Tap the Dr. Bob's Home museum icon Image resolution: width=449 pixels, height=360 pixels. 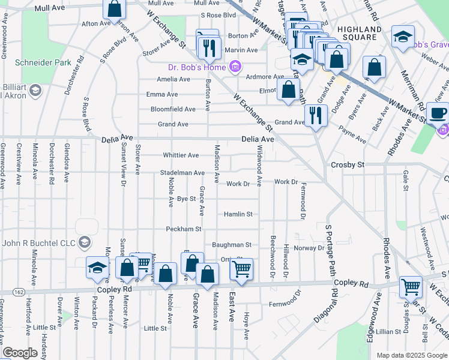point(235,67)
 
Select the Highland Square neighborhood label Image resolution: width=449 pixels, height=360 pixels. point(360,34)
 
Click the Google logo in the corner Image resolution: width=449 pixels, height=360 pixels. point(20,353)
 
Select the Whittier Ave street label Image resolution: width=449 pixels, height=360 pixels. point(181,155)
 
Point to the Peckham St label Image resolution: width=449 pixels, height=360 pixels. point(183,229)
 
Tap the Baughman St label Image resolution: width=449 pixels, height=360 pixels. point(231,245)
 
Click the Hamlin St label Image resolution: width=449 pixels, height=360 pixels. point(238,214)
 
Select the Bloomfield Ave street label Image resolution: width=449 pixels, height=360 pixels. point(173,109)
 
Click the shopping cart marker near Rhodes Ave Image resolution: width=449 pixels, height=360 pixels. point(411,287)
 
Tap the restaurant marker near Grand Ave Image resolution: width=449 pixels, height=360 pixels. point(315,115)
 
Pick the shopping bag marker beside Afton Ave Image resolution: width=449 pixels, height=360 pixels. point(113,9)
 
